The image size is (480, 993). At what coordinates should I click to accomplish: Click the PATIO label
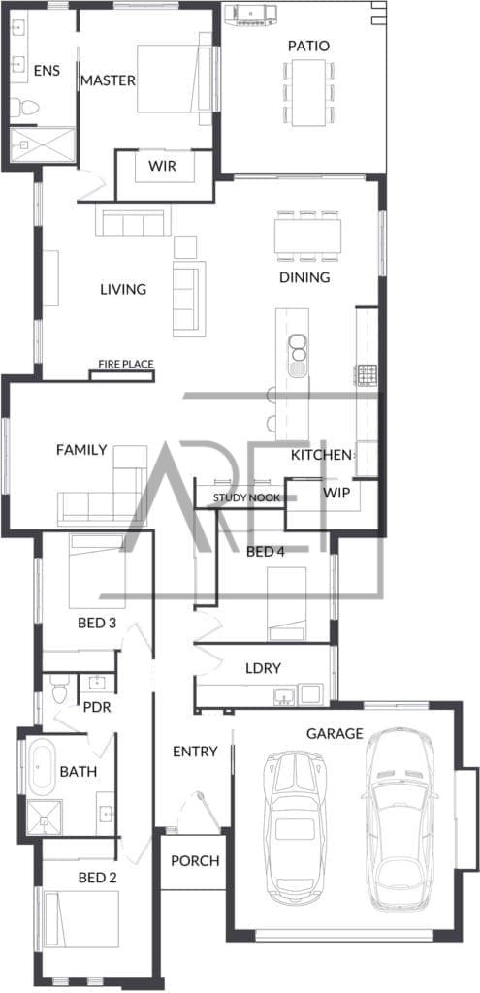click(x=308, y=47)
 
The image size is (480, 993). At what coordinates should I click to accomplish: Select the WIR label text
click(x=162, y=167)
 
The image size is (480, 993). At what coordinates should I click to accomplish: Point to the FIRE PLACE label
click(x=126, y=365)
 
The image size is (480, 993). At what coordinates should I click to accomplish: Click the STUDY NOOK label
click(x=246, y=497)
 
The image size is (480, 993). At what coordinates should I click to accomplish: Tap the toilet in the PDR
click(x=59, y=689)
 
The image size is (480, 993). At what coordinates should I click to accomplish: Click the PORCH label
click(x=195, y=861)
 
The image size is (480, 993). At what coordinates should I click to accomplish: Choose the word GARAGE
click(x=335, y=733)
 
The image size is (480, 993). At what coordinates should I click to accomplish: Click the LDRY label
click(x=263, y=667)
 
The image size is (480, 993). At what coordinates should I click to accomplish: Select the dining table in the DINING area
click(x=308, y=235)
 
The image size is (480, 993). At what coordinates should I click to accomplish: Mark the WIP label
click(x=336, y=492)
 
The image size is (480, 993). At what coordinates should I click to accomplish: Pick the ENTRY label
click(x=195, y=752)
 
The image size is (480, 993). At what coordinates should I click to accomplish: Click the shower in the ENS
click(x=43, y=144)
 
